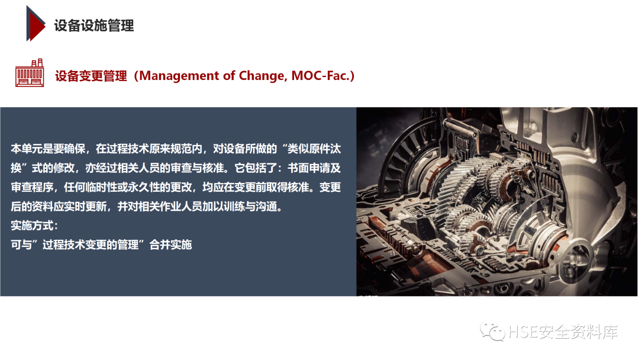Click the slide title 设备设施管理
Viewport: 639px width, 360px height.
click(x=94, y=25)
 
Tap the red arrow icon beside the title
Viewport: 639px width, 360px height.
click(x=35, y=24)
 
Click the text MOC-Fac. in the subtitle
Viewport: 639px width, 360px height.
click(x=323, y=76)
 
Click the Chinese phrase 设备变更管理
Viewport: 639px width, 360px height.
click(x=91, y=76)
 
